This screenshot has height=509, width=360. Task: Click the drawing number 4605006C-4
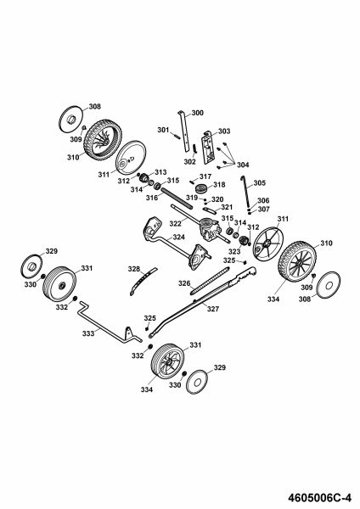pos(319,498)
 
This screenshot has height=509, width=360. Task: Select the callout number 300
pos(198,113)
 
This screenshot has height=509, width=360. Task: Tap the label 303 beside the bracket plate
pos(224,131)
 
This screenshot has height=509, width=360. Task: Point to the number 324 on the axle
pos(178,238)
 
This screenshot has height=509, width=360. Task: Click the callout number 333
pos(88,333)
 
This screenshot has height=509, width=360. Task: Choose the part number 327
pos(213,309)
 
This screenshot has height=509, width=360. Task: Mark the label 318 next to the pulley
pos(219,185)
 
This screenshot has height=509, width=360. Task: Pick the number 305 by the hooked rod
pos(259,183)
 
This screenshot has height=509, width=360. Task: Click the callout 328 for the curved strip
pos(134,269)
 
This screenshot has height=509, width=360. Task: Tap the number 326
pos(184,283)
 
